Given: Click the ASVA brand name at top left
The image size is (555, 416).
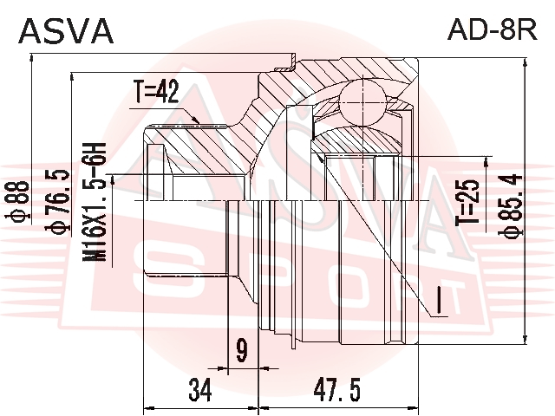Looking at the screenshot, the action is coord(66,31).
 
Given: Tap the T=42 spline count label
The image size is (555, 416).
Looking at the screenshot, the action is coord(156,91).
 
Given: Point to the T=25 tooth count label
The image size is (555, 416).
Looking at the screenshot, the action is coord(468,202).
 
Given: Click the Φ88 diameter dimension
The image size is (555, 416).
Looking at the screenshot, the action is coord(19,202).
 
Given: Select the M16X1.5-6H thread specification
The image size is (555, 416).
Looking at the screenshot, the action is coord(95,202).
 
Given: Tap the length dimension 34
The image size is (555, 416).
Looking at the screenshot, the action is coord(200,390).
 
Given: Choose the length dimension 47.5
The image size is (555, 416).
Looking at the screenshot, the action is coord(337,390).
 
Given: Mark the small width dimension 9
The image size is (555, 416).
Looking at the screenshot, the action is coord(242,350).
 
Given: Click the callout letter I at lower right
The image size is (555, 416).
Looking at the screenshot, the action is coord(439,301).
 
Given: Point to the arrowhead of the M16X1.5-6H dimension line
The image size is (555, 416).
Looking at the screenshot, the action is coord(113,180).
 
